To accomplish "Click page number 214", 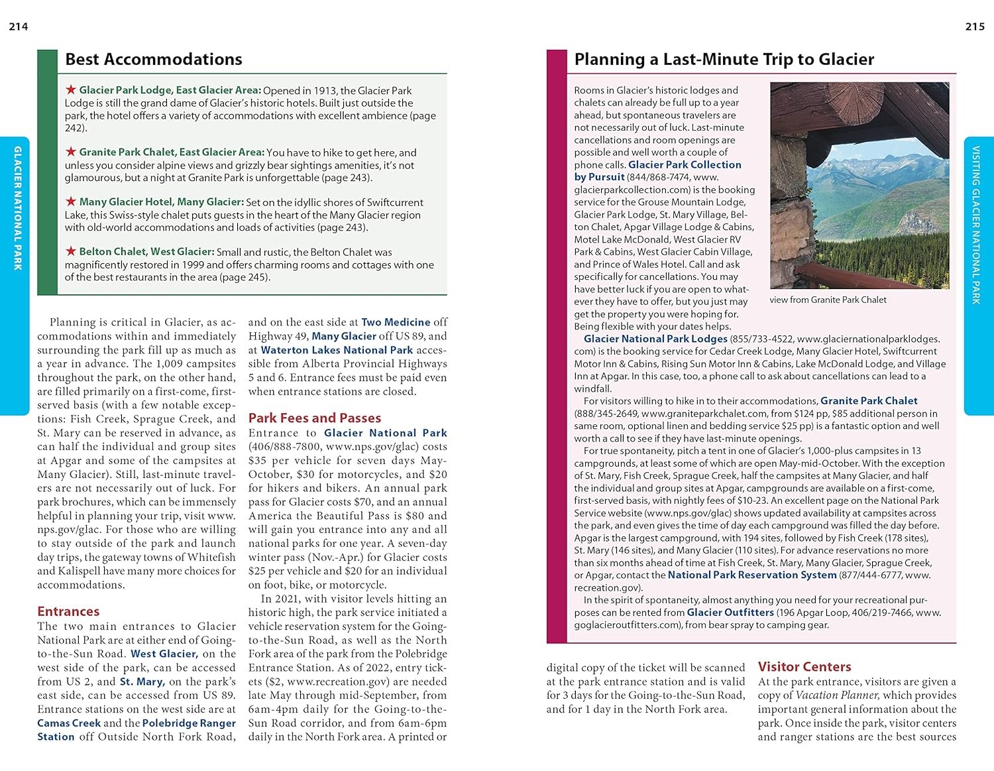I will tap(19, 27).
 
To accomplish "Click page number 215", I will tap(975, 27).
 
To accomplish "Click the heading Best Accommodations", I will tap(154, 59).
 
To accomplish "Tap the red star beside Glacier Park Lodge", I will tap(71, 89).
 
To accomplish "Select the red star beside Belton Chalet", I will tap(71, 251).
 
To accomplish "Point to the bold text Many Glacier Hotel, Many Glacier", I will tap(161, 202).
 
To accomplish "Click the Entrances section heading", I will tap(68, 611).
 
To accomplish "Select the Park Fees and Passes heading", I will tap(315, 418).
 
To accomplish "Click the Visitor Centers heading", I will tap(804, 667).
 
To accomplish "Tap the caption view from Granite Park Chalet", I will tap(828, 300).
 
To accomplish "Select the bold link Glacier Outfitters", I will tap(730, 613).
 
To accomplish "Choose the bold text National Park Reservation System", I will tap(752, 575).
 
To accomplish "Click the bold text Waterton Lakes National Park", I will tap(337, 349).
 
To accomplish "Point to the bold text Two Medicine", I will tap(396, 322).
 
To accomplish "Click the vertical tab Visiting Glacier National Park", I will tap(976, 225).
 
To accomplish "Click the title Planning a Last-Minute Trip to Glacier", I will tap(724, 59).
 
